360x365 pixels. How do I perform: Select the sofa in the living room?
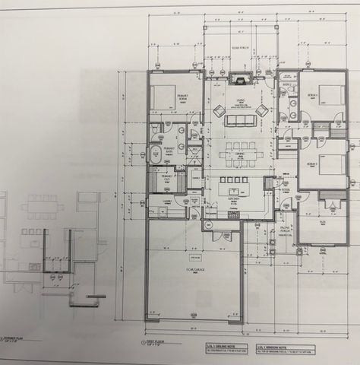[x=240, y=119]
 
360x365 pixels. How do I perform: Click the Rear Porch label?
[x=240, y=48]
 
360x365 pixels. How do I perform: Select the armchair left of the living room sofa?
[x=219, y=111]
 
